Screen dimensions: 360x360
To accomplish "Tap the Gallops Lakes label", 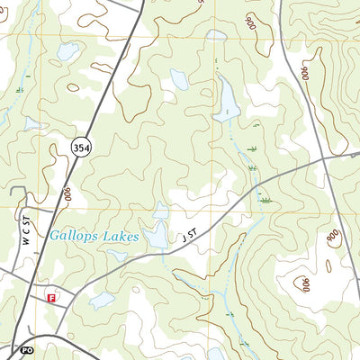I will (x=94, y=237).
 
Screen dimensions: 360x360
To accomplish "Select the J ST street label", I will (x=188, y=238).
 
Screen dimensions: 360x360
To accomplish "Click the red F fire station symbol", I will (x=51, y=295).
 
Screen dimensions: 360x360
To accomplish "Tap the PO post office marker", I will (x=24, y=349).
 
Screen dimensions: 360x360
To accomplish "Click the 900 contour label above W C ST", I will (x=68, y=193).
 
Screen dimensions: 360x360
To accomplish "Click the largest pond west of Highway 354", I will (x=68, y=52).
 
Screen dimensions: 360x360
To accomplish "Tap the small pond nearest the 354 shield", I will (x=33, y=123).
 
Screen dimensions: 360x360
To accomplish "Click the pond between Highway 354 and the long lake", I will (x=179, y=79).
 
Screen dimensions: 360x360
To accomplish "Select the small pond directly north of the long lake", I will (x=216, y=36).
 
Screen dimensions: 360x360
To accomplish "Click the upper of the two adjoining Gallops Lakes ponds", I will (x=160, y=211).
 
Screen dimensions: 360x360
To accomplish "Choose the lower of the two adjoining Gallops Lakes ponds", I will (x=156, y=236).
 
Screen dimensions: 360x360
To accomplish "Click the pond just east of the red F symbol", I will (x=101, y=300).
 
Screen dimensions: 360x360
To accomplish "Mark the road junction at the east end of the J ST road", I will (x=351, y=155).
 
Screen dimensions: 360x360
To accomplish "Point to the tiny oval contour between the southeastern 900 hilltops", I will (x=328, y=265).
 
